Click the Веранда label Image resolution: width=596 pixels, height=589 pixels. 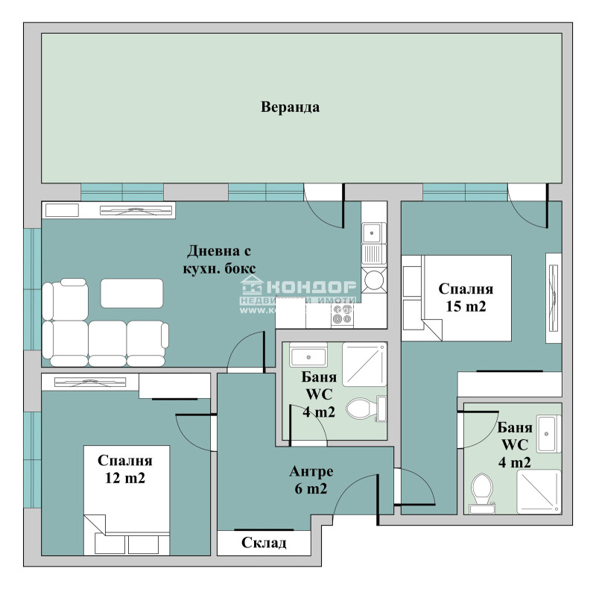tap(290, 107)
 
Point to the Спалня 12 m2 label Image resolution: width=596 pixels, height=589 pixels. tap(125, 469)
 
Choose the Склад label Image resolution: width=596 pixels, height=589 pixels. tap(264, 543)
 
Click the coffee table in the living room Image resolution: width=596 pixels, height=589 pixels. tap(132, 293)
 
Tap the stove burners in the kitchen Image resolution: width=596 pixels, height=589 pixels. tap(343, 316)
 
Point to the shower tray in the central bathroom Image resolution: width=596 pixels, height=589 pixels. tap(362, 368)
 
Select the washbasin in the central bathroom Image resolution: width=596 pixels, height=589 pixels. tap(305, 356)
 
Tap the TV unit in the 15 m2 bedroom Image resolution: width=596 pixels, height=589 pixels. tap(553, 297)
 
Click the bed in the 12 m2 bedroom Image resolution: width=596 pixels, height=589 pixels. tap(127, 500)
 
